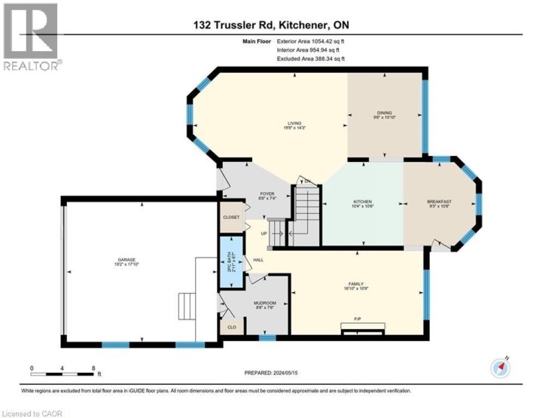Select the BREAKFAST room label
tap(439, 202)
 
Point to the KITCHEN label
tap(364, 202)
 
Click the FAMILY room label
tap(357, 284)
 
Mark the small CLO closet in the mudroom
tap(232, 327)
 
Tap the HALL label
tap(258, 260)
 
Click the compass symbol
tap(501, 367)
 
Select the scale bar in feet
tap(64, 371)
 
